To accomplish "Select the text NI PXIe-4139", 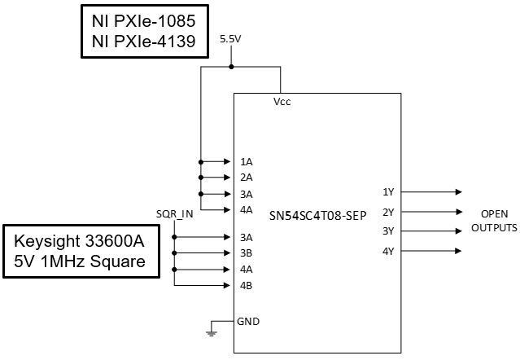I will (x=142, y=41).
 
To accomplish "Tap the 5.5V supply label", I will (x=232, y=38).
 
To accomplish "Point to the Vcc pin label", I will (x=282, y=103).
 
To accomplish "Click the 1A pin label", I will (x=246, y=161).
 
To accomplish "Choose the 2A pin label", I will (x=246, y=178).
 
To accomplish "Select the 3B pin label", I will (x=246, y=252).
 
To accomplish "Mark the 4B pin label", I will (x=246, y=285).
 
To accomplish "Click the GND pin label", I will (x=249, y=321).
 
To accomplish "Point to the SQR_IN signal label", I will (x=174, y=214).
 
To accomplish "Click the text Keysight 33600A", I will (x=80, y=241).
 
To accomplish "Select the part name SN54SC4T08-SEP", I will (x=317, y=215).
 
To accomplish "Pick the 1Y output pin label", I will (x=388, y=192).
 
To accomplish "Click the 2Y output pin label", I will (x=388, y=212).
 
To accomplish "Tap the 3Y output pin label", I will (x=388, y=231).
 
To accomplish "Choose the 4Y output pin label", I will (x=388, y=251).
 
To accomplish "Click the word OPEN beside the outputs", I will (x=494, y=213).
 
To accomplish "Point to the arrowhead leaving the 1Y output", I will (x=458, y=192).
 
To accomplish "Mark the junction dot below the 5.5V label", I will (x=232, y=67).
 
